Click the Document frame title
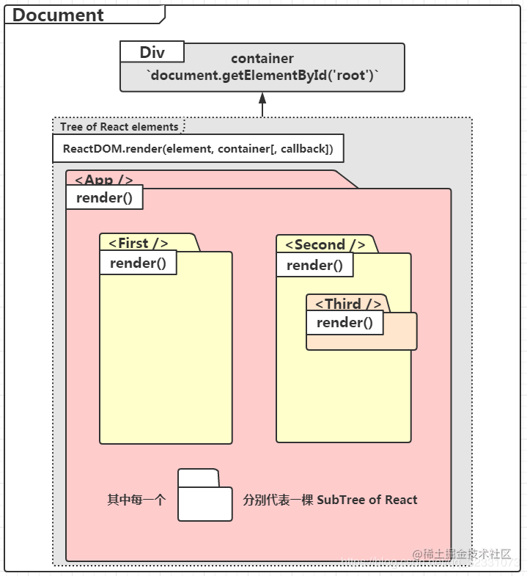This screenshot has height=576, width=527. click(x=59, y=15)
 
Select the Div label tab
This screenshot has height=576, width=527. click(x=152, y=53)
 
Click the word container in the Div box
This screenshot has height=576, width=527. click(x=262, y=58)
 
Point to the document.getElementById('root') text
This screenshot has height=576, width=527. click(x=262, y=76)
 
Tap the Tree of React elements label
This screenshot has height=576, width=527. click(x=119, y=127)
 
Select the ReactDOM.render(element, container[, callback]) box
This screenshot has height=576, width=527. click(x=198, y=149)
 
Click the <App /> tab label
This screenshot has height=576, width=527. click(x=103, y=180)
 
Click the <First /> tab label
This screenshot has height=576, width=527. click(x=139, y=244)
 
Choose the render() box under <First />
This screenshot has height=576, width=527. click(x=138, y=263)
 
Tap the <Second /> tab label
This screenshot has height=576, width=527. click(x=325, y=245)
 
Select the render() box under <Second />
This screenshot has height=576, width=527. click(x=314, y=266)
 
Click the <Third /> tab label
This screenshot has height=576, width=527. click(x=348, y=304)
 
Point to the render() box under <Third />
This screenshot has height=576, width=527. click(x=344, y=323)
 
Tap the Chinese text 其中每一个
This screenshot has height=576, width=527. click(x=137, y=500)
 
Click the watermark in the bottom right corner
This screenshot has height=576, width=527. click(x=462, y=555)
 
